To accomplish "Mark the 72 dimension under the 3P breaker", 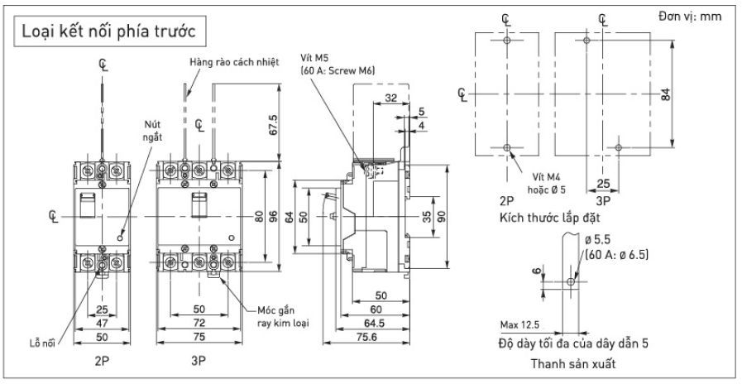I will [x=198, y=322].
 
